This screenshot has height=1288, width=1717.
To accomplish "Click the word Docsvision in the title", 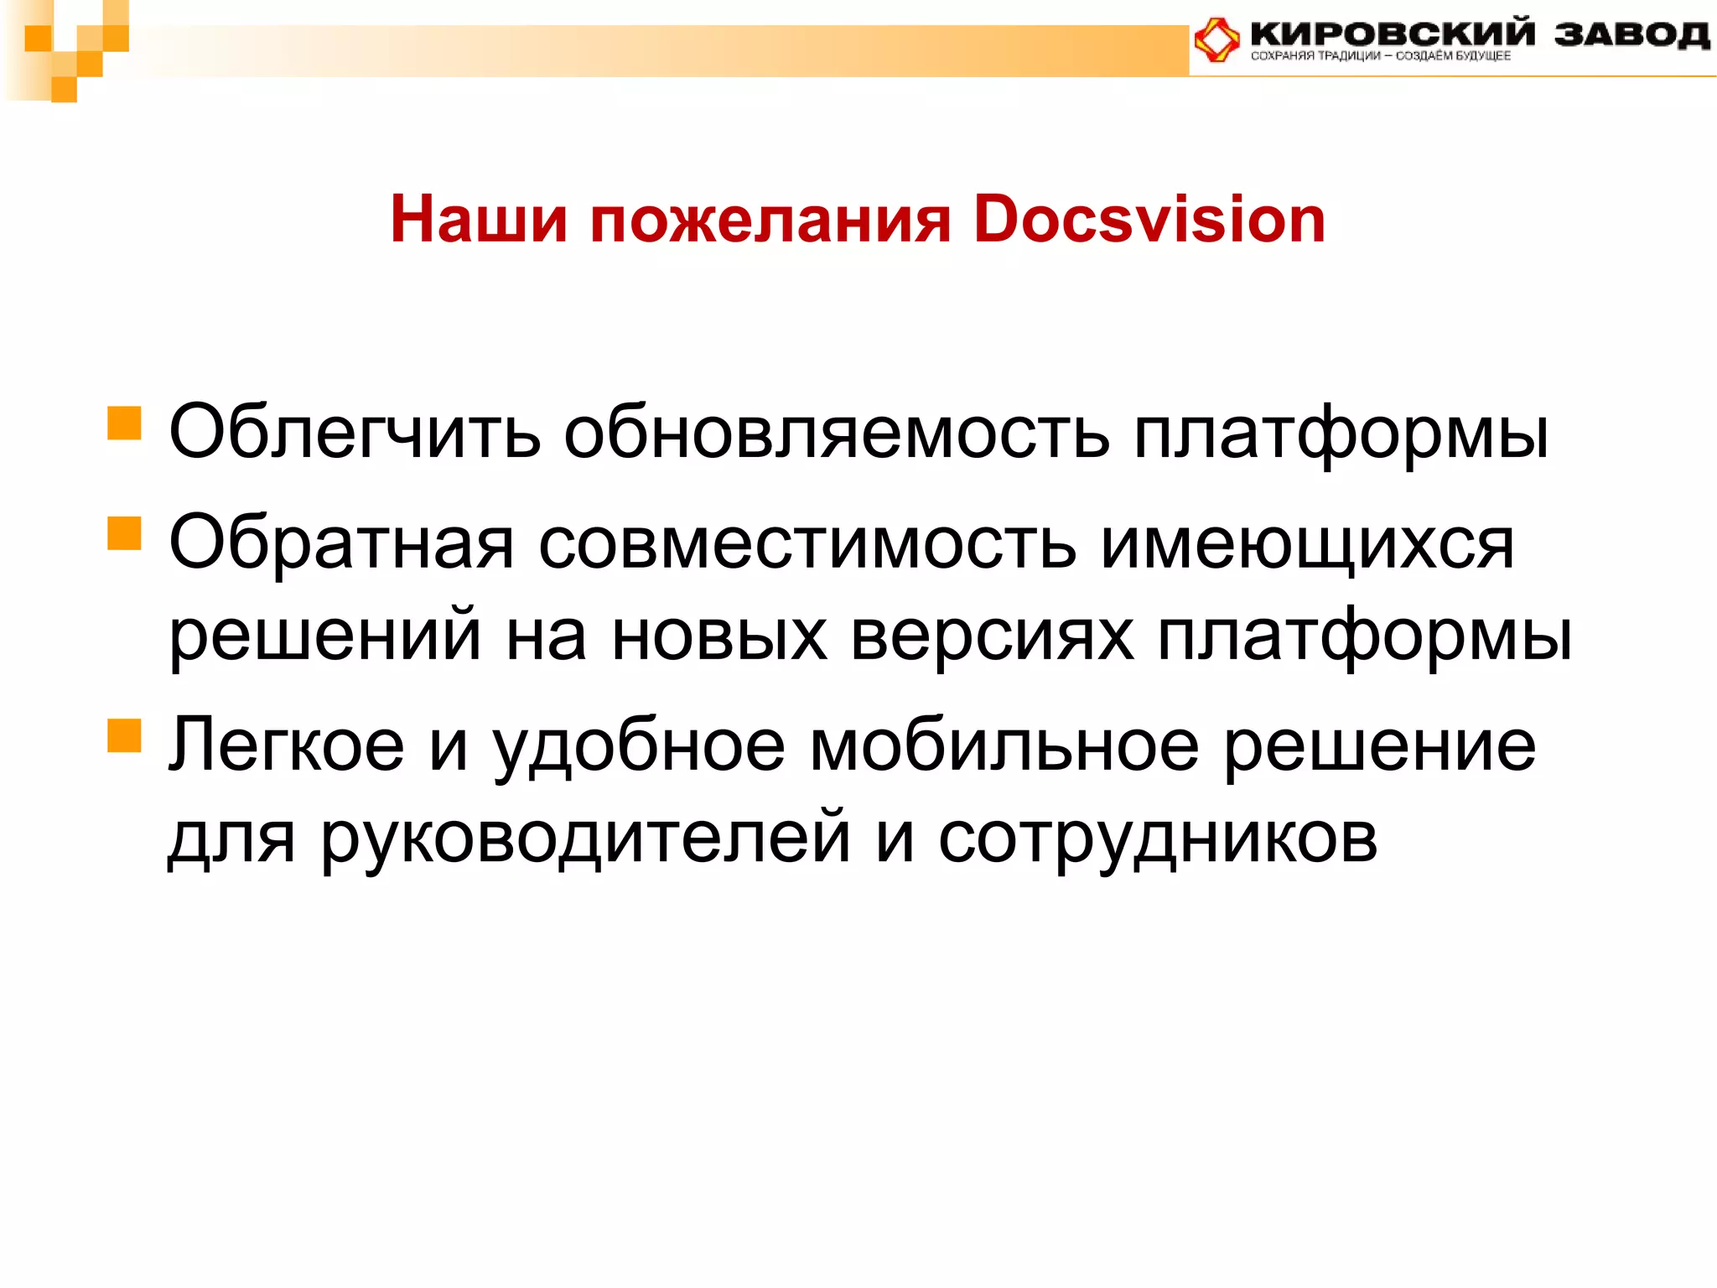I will pos(1149,220).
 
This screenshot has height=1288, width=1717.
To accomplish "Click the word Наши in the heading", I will pos(479,220).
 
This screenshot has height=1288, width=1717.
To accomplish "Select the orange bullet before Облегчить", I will pos(124,423).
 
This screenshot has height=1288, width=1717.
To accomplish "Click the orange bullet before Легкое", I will pos(124,735).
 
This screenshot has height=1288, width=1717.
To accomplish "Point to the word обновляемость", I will pos(836,433).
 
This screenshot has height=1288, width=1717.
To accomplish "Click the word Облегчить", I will pos(355,433).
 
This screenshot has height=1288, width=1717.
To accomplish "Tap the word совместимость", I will pos(807,543).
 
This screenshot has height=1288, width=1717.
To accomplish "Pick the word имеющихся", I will pos(1307,543).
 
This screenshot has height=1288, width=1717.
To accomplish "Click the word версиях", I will pos(993,636).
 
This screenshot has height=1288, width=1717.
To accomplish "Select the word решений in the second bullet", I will pos(325,636).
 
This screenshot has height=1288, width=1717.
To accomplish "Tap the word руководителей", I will pos(586,839).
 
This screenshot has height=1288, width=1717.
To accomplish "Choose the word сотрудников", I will pos(1158,839).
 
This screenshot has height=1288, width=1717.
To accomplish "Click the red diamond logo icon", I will pos(1217,39).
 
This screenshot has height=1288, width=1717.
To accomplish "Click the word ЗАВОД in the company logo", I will pos(1630,34).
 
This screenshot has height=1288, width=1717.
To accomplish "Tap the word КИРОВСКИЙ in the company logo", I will pos(1393,34).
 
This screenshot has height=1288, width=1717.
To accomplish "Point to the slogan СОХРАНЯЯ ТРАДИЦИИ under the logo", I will pos(1315,56).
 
